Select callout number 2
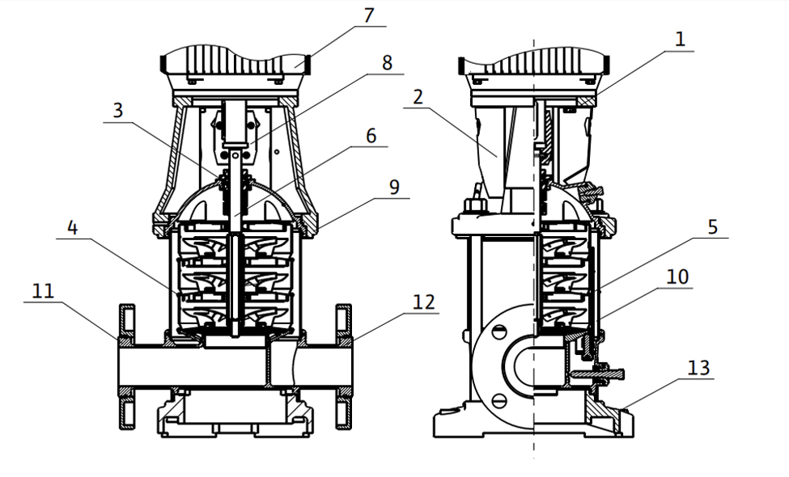click(x=418, y=97)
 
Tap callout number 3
click(x=118, y=110)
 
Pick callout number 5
click(x=712, y=227)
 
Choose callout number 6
click(x=371, y=136)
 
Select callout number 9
click(x=394, y=187)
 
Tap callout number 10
click(x=677, y=276)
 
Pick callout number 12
click(x=423, y=302)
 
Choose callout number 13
click(x=698, y=368)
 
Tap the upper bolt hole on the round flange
click(x=499, y=331)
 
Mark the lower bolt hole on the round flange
click(x=499, y=399)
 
